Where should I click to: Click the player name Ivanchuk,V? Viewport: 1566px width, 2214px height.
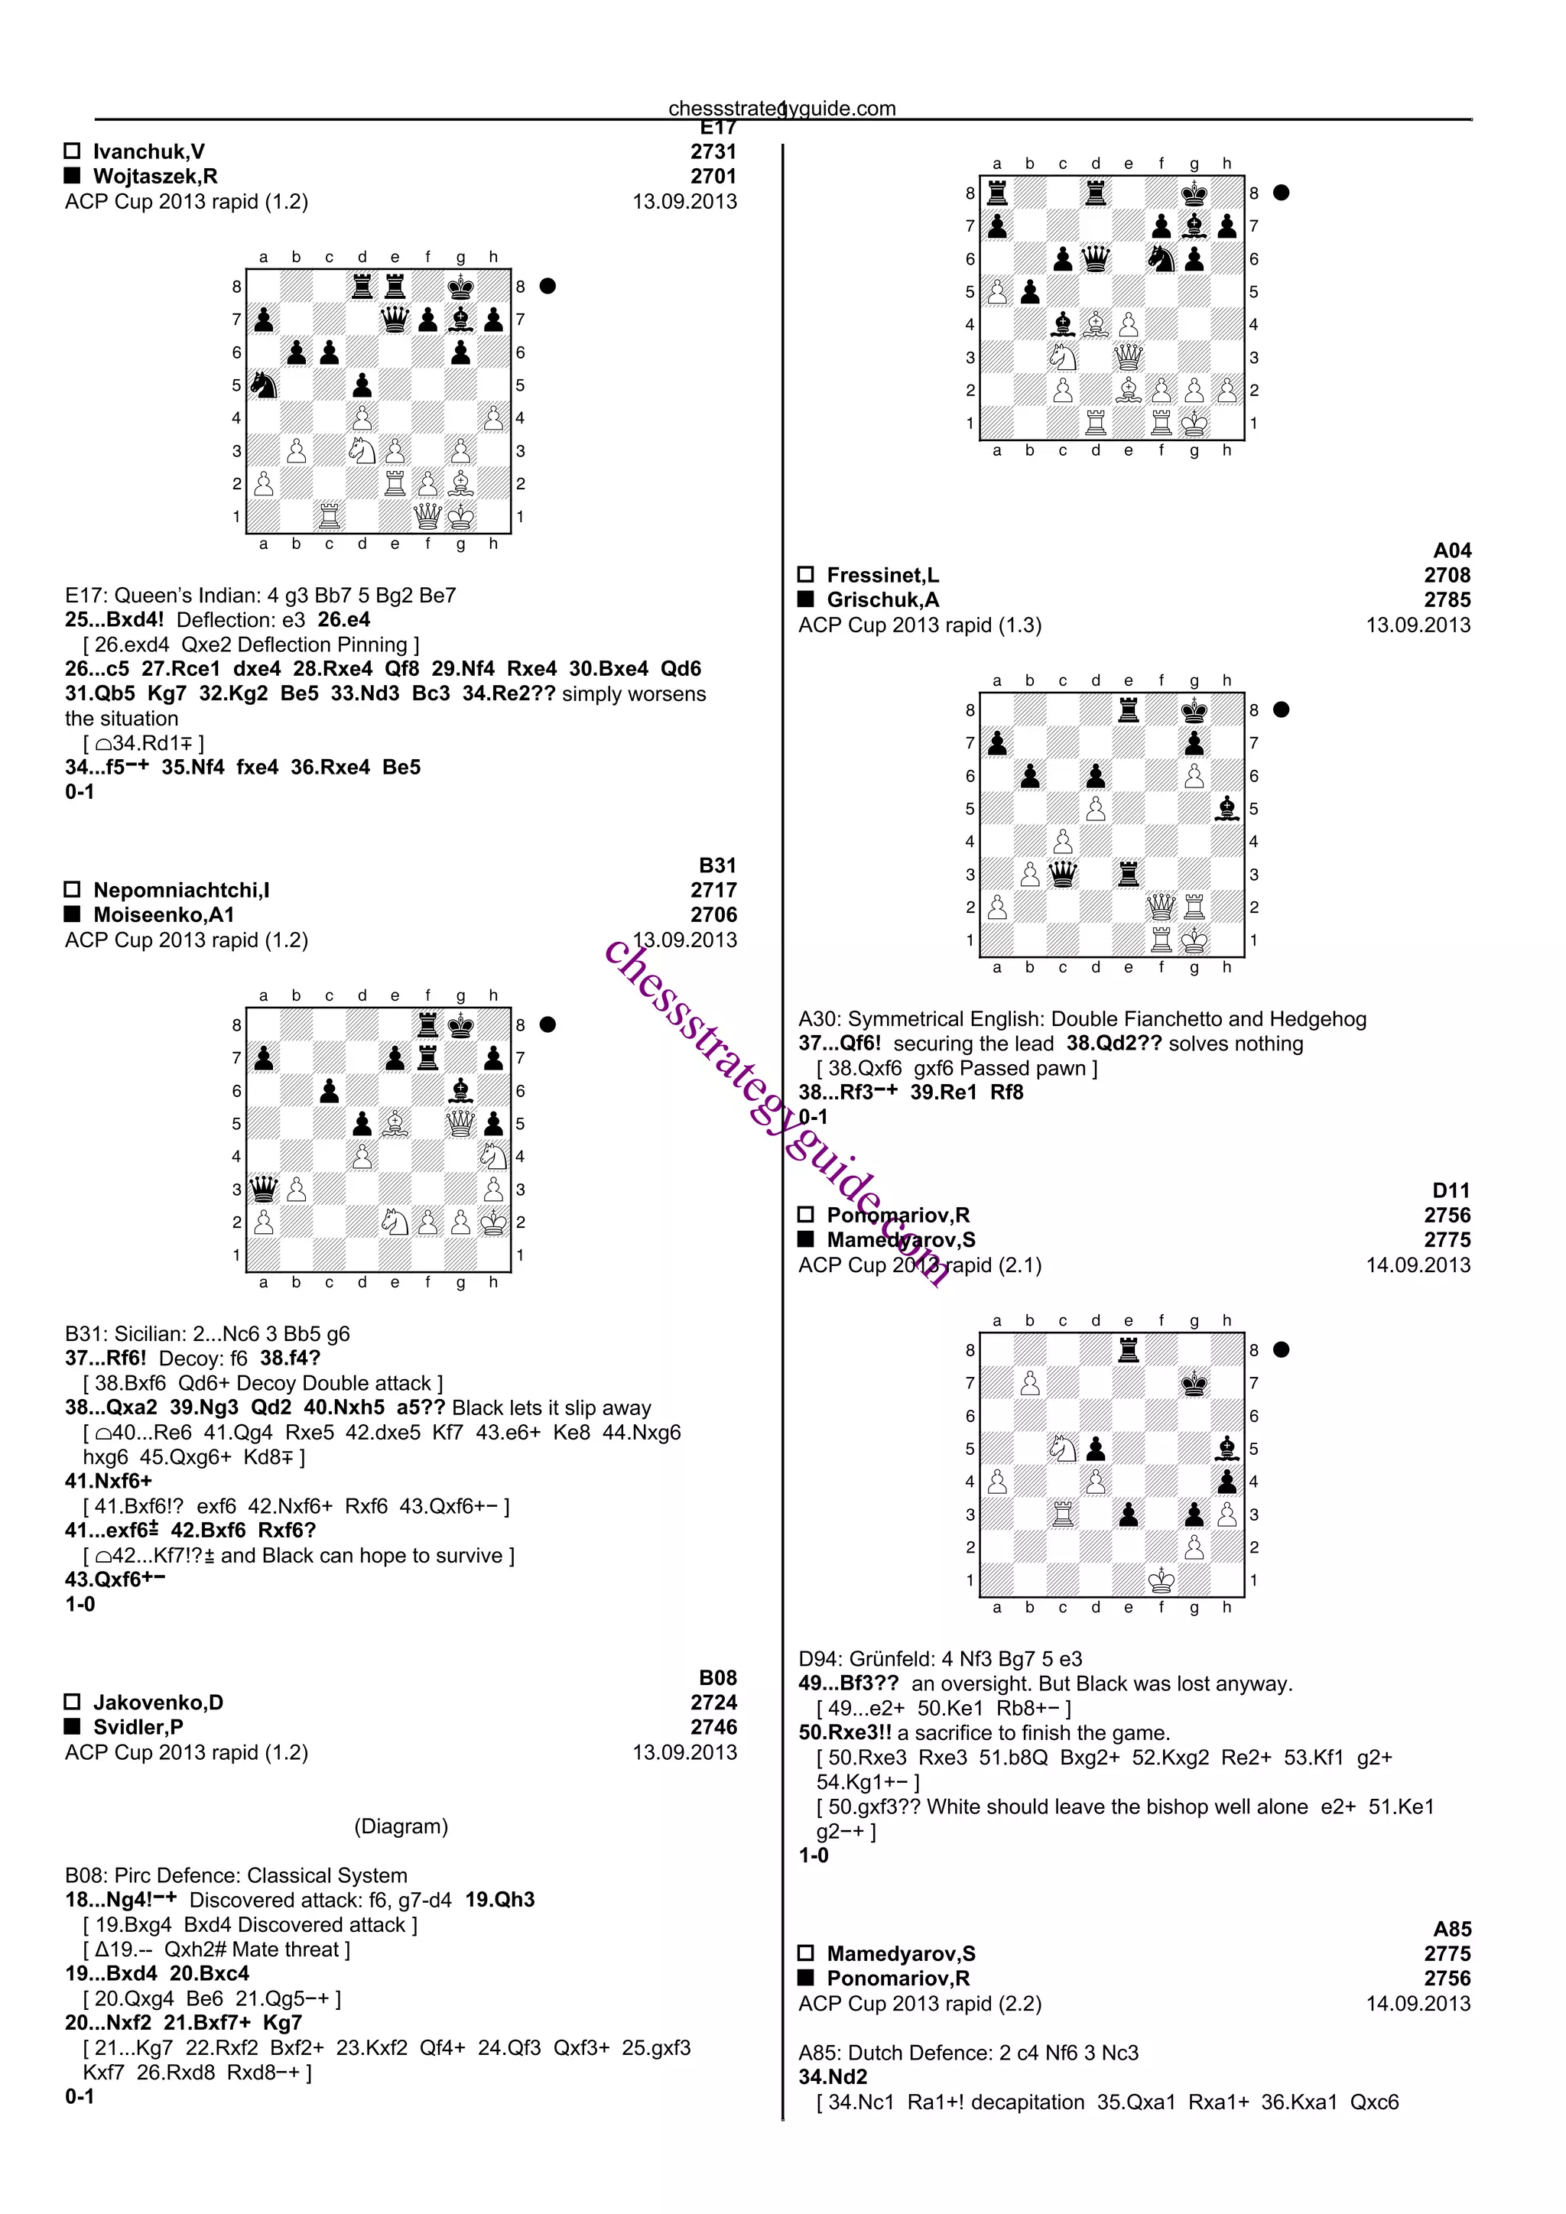coord(148,151)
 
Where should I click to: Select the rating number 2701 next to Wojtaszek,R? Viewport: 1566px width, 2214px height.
coord(713,177)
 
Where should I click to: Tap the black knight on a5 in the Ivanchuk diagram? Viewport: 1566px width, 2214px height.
coord(263,385)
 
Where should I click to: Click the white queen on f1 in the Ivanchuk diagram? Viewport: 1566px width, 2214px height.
coord(427,517)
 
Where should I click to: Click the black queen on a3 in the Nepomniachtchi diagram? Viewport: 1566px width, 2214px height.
coord(263,1188)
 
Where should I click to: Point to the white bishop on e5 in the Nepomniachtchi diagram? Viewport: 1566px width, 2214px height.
coord(395,1122)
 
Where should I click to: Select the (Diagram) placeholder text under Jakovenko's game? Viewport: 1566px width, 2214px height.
coord(401,1826)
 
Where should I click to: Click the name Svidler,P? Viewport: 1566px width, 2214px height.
coord(138,1727)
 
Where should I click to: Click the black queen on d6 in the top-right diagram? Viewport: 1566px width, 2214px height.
coord(1096,258)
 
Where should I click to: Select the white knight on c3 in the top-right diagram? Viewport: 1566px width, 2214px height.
coord(1063,357)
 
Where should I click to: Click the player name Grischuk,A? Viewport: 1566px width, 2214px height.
coord(882,600)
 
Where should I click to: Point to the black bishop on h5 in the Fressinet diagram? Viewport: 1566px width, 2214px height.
coord(1226,808)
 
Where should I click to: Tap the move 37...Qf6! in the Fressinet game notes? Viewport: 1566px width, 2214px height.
coord(839,1044)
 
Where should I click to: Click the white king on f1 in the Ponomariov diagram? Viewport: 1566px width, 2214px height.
coord(1161,1579)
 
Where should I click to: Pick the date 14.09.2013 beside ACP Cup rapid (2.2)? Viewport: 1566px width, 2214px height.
coord(1418,2003)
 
